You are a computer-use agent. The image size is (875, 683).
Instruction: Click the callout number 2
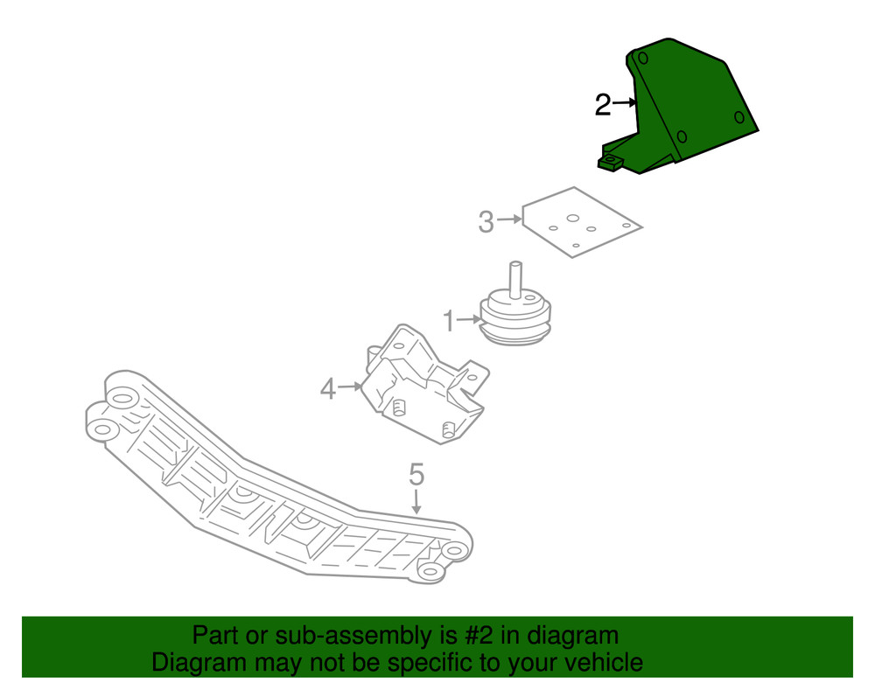coord(602,106)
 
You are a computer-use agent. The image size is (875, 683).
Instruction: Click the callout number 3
coord(486,222)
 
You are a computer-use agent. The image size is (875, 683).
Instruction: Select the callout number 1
coord(449,322)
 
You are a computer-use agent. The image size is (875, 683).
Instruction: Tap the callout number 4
coord(327,387)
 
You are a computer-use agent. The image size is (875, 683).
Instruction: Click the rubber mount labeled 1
coord(517,319)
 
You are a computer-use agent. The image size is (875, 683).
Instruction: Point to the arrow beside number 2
coord(625,103)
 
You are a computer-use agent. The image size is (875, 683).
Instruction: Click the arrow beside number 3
coord(510,220)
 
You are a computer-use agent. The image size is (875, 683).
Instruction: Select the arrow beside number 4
coord(350,385)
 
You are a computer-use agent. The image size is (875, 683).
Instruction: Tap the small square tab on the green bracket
coord(609,160)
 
